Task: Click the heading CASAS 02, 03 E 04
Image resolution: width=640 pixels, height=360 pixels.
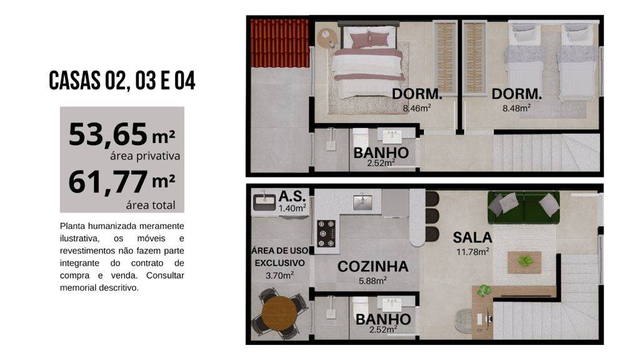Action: click(x=122, y=81)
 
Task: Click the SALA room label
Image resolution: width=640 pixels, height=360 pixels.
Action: click(x=472, y=237)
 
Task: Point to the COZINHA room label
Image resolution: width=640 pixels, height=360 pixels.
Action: click(x=372, y=266)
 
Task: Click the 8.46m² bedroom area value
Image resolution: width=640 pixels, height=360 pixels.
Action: click(x=417, y=109)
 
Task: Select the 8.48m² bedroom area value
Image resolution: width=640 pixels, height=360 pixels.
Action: click(x=516, y=109)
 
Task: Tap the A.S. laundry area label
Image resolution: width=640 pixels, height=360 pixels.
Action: click(x=292, y=196)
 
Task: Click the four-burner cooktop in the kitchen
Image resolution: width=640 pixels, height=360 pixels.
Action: click(x=326, y=234)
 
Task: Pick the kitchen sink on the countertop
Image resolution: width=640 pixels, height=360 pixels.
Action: click(x=362, y=201)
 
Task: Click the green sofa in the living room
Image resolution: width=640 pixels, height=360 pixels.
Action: click(x=524, y=207)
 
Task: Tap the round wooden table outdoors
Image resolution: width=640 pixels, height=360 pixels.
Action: click(x=279, y=314)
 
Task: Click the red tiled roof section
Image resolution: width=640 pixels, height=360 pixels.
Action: click(x=279, y=43)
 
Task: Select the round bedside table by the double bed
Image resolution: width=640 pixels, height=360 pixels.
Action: click(x=327, y=39)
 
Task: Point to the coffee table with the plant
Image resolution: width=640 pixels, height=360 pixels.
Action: click(x=524, y=262)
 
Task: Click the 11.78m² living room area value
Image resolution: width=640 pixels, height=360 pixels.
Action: click(x=472, y=252)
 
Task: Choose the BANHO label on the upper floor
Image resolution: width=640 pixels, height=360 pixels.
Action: click(x=381, y=152)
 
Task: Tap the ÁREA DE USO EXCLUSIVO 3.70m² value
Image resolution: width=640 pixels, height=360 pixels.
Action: click(x=279, y=276)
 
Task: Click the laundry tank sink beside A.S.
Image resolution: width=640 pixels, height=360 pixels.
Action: click(x=264, y=202)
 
